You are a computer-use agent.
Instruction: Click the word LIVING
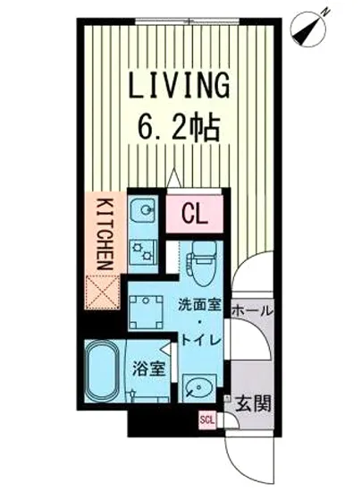(179, 84)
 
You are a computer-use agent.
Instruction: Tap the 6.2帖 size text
(178, 129)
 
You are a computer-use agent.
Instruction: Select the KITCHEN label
(105, 233)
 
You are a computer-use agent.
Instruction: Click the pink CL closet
(195, 215)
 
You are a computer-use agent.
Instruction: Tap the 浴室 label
(148, 369)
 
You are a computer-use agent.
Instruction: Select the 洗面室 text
(199, 305)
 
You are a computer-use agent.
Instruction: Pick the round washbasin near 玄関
(198, 388)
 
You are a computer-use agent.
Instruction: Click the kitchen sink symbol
(143, 210)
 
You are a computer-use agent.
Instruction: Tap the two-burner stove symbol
(143, 251)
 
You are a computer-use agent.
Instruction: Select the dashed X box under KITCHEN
(103, 293)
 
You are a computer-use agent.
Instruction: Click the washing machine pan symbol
(146, 311)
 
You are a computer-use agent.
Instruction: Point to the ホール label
(251, 311)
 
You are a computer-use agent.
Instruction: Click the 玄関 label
(253, 403)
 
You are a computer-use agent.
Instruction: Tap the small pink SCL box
(207, 420)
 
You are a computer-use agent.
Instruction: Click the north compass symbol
(309, 29)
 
